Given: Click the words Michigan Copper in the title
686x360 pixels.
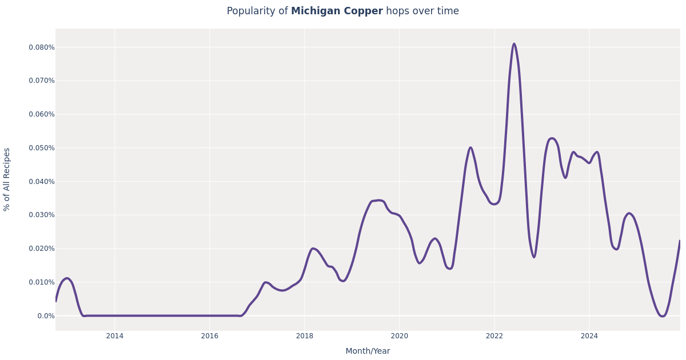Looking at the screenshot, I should (337, 11).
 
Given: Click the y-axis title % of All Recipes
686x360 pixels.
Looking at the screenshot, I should (7, 179).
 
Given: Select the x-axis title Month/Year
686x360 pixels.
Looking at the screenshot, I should (368, 351).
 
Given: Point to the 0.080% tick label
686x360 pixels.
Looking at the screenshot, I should (42, 47).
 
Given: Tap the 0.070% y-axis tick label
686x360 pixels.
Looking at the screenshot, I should (42, 81).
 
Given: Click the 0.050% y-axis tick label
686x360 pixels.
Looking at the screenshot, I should (42, 148).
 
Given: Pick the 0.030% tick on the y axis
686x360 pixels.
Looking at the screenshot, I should (42, 215).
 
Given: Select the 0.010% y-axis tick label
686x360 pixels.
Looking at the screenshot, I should (42, 282).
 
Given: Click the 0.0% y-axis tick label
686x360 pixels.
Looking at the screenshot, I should (46, 316).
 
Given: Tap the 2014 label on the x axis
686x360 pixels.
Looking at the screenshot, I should (114, 336).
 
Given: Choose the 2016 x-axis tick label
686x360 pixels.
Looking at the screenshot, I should (209, 336).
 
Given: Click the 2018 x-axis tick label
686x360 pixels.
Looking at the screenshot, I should (304, 336).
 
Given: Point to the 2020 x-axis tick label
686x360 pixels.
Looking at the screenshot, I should (399, 336).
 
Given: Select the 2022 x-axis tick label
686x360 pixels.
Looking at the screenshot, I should (494, 336).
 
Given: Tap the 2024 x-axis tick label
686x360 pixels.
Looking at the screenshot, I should (589, 336).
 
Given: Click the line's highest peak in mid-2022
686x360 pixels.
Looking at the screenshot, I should (514, 44).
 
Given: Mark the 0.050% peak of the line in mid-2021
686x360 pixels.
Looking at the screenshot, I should (470, 147).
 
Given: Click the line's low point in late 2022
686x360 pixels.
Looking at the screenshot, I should (534, 257).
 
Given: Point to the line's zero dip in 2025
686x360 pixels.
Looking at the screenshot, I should (662, 315).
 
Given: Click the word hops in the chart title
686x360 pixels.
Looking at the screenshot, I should (397, 11).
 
